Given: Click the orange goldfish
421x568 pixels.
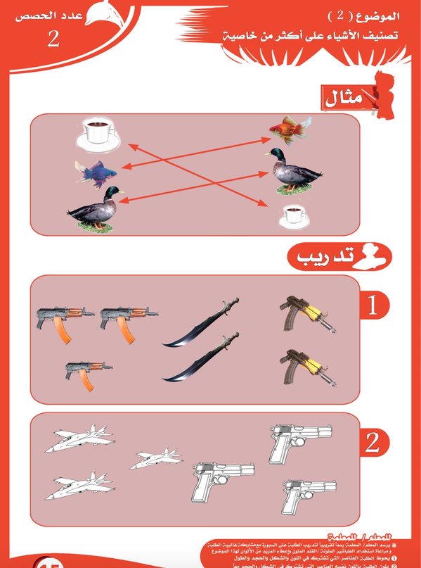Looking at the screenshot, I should click(x=290, y=130).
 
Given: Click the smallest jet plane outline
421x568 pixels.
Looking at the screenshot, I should click(x=156, y=459).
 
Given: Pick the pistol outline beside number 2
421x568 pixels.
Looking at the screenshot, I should click(x=300, y=442).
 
